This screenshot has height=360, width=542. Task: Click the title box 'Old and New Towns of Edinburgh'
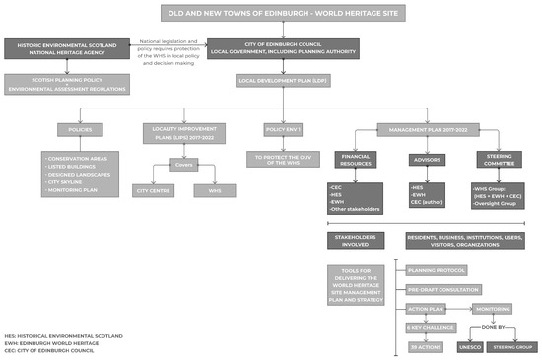270,13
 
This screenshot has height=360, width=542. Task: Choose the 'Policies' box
81,130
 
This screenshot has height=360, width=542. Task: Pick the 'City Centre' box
152,189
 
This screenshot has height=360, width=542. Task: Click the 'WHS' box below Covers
216,189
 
